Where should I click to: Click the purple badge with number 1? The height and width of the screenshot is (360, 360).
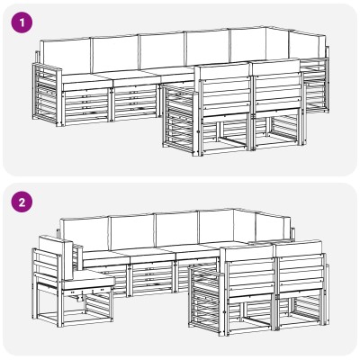point(22,22)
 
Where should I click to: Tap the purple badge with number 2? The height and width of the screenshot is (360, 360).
point(22,202)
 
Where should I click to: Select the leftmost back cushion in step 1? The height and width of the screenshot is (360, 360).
point(65,56)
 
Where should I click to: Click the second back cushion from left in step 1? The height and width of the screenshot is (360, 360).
point(115,54)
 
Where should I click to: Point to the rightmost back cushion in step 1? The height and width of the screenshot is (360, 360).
point(307,44)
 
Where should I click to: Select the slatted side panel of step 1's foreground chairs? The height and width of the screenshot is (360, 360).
point(181,120)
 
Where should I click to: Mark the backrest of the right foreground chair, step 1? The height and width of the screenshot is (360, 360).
point(276,87)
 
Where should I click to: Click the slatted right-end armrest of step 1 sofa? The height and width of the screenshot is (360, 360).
point(316,83)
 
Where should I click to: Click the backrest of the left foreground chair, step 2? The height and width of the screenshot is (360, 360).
point(250,273)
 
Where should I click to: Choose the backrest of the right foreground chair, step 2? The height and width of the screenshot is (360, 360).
point(300,267)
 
